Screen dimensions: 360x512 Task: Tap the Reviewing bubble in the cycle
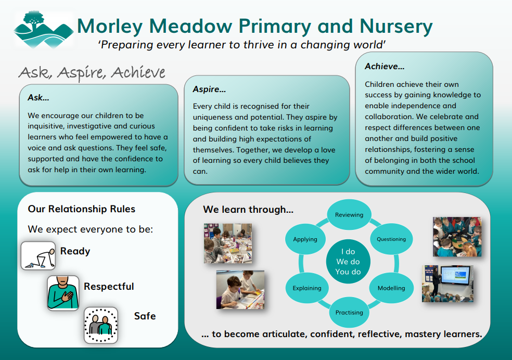(349, 215)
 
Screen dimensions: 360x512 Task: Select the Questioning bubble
(391, 239)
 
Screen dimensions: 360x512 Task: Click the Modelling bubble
(391, 288)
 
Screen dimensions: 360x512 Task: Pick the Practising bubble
(349, 313)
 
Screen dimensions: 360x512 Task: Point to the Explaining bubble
(307, 288)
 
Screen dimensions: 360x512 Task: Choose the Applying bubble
(305, 239)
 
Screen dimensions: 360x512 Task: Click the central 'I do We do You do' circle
(348, 262)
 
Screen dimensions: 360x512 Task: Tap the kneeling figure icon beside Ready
(38, 255)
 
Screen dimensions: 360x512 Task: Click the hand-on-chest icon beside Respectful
(63, 293)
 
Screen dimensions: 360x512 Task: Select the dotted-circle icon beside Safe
(101, 326)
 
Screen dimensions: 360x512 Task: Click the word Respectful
(109, 287)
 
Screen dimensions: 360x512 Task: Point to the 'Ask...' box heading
(39, 97)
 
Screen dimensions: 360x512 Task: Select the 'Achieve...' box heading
(385, 66)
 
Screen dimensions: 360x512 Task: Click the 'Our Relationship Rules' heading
(82, 209)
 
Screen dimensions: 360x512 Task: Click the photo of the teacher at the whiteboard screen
(447, 283)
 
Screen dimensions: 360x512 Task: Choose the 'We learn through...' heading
(248, 210)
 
